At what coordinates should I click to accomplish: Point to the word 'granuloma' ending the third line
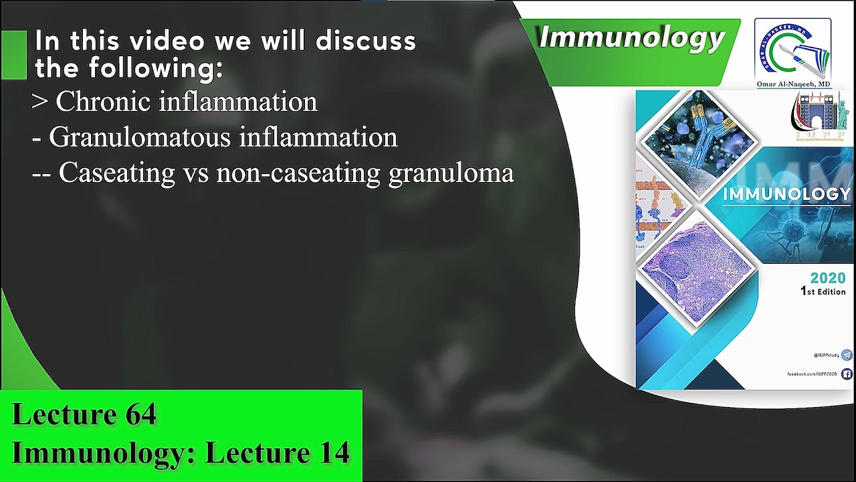451,173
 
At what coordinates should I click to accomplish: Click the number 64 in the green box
140,415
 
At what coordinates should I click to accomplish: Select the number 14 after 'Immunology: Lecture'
333,453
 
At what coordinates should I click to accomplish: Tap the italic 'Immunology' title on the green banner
631,38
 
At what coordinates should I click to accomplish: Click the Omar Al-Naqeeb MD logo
792,52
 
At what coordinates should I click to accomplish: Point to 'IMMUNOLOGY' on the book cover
786,194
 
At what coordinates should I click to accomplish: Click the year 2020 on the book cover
827,278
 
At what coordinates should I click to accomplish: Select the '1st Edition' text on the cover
823,291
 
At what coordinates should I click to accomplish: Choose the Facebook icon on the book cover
847,374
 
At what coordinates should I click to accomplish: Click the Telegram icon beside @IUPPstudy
847,355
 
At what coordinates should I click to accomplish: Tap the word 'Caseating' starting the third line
116,173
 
